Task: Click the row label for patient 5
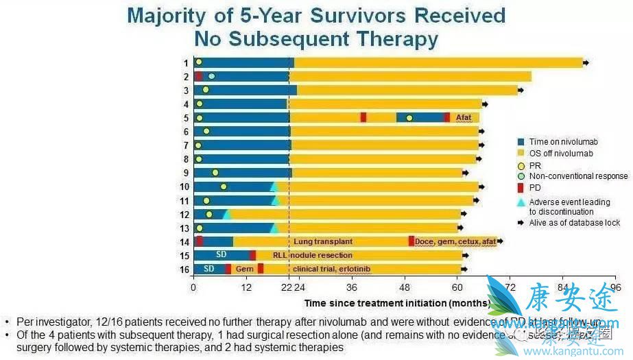[186, 117]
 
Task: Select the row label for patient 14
[184, 241]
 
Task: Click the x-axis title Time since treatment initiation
[396, 302]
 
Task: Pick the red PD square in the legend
[521, 187]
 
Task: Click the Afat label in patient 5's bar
[464, 117]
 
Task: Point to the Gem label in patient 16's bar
[245, 269]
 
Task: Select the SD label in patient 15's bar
[222, 255]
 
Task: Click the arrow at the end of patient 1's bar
[586, 63]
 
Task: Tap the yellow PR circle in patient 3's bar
[206, 90]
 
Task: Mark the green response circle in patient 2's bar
[211, 76]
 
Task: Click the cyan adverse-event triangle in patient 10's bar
[274, 187]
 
